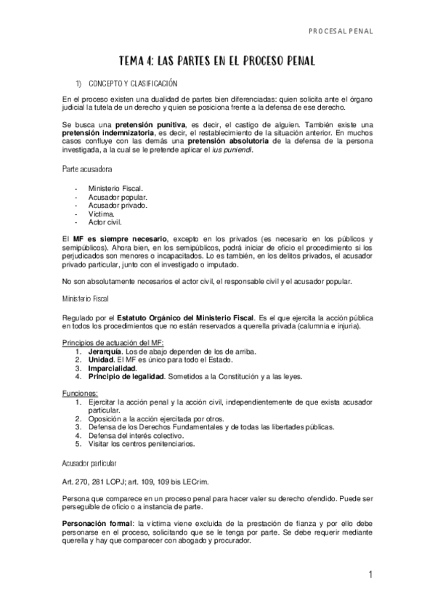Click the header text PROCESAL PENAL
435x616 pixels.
(x=340, y=32)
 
